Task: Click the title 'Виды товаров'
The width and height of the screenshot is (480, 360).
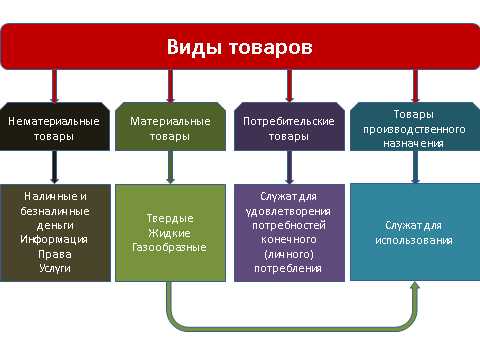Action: [x=239, y=47]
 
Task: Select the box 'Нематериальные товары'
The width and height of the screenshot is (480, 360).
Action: [x=53, y=127]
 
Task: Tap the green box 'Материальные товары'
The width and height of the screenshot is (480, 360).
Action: [x=170, y=127]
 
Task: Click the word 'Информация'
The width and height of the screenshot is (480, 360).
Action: [x=53, y=239]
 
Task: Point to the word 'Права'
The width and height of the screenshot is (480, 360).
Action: [x=53, y=254]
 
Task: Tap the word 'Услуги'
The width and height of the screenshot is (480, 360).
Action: [x=53, y=268]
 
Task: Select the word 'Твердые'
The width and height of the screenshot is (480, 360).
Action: [x=170, y=218]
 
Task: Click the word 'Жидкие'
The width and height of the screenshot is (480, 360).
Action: [x=170, y=232]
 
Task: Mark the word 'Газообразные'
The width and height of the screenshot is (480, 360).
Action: [x=170, y=246]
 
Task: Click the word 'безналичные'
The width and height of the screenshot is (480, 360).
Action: [x=53, y=211]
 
